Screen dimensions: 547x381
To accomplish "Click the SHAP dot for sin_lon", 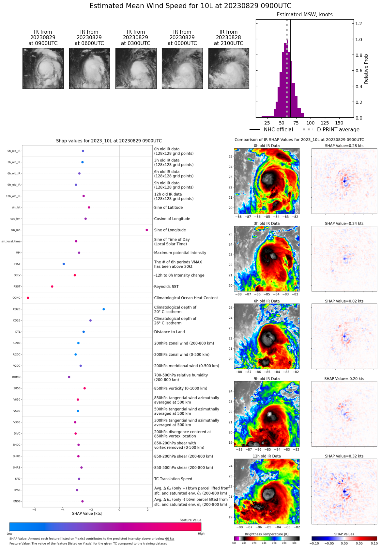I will [x=147, y=230].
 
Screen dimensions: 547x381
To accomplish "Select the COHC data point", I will [x=28, y=298].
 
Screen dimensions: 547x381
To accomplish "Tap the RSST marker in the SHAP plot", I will [x=52, y=287].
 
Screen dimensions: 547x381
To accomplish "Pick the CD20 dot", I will [x=104, y=309].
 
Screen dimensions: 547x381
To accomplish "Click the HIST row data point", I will [x=64, y=264].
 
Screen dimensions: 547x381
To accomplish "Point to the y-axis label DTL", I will [x=18, y=332].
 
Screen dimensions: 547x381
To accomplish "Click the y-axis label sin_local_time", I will [x=11, y=241].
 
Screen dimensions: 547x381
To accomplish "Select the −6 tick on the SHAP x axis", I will [x=34, y=509].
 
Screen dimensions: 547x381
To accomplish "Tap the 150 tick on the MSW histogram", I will [x=339, y=123].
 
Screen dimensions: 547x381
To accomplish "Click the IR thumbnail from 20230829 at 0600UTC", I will [x=89, y=69].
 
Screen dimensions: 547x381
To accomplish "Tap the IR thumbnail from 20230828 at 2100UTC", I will [x=229, y=69].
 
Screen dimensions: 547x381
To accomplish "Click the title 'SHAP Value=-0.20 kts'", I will [x=344, y=379].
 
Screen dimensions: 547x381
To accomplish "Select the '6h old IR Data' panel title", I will [x=267, y=301].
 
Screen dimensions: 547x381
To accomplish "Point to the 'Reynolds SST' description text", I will [x=166, y=287].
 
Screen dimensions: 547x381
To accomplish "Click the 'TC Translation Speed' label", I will [x=173, y=479].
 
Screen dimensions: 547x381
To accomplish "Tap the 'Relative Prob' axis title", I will [x=366, y=69].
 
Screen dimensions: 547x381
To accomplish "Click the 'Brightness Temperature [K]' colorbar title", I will [x=267, y=534].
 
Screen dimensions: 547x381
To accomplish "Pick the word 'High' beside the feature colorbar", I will [x=201, y=534].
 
